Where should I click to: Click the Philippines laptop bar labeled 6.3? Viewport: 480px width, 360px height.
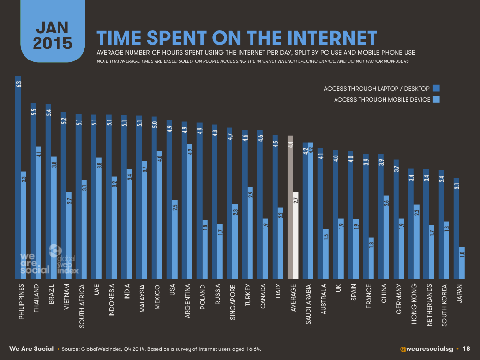point(18,178)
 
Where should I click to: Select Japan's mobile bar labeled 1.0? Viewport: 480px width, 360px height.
point(462,263)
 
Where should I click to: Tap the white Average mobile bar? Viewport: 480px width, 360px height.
point(296,235)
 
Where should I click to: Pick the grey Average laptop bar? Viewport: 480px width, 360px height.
point(290,207)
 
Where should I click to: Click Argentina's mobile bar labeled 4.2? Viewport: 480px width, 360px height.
point(190,211)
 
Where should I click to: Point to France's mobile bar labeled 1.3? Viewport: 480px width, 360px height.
point(372,258)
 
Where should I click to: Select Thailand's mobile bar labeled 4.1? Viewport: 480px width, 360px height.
point(38,213)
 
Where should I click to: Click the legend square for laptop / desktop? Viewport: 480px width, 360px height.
point(436,88)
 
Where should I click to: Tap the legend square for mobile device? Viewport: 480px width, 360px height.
point(436,99)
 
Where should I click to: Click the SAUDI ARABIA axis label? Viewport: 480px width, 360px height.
point(308,304)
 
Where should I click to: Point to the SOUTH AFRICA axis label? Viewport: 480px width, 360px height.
point(82,306)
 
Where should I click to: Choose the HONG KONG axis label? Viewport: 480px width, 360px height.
point(414,304)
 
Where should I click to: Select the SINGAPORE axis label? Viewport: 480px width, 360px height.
point(233,302)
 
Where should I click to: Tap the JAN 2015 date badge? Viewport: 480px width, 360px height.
point(53,31)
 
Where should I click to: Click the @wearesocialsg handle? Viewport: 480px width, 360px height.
point(426,348)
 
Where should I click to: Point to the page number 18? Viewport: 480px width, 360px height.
point(466,348)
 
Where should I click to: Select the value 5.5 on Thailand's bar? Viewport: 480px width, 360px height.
point(34,112)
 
